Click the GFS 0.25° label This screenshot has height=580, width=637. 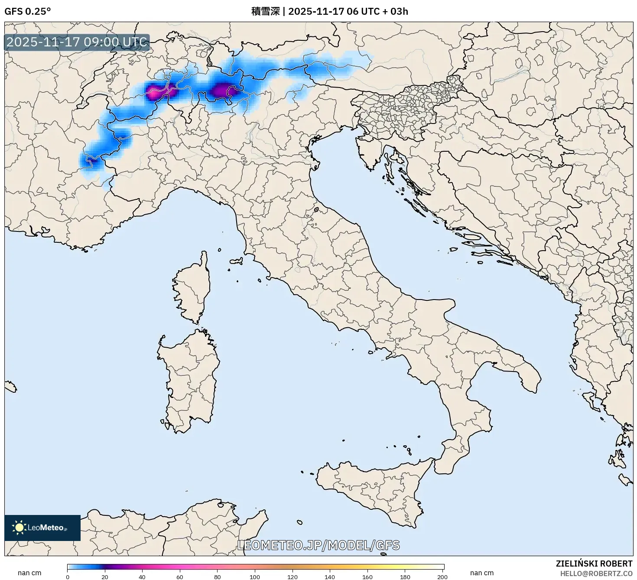coord(27,11)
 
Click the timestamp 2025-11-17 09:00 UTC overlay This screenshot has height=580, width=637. coord(77,42)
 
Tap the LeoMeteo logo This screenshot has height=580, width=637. coord(42,528)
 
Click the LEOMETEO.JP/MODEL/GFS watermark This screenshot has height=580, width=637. coord(318,545)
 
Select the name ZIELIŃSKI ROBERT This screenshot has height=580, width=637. coord(594,564)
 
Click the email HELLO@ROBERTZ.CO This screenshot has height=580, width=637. coord(596,573)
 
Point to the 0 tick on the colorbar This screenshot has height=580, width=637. coord(68,577)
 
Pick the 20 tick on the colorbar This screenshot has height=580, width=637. coord(105,577)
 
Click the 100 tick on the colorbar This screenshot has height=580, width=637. coord(255,577)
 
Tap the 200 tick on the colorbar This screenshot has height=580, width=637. coord(442,577)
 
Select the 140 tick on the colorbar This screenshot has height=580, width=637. coord(330,577)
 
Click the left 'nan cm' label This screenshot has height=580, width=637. coord(29,573)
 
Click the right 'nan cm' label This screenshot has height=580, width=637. coord(482,573)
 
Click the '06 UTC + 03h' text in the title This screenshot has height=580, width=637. coord(377,11)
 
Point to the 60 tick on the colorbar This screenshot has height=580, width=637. coord(180,577)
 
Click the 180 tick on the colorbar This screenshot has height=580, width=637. coord(405,577)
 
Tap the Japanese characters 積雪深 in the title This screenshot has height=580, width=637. coord(265,11)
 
